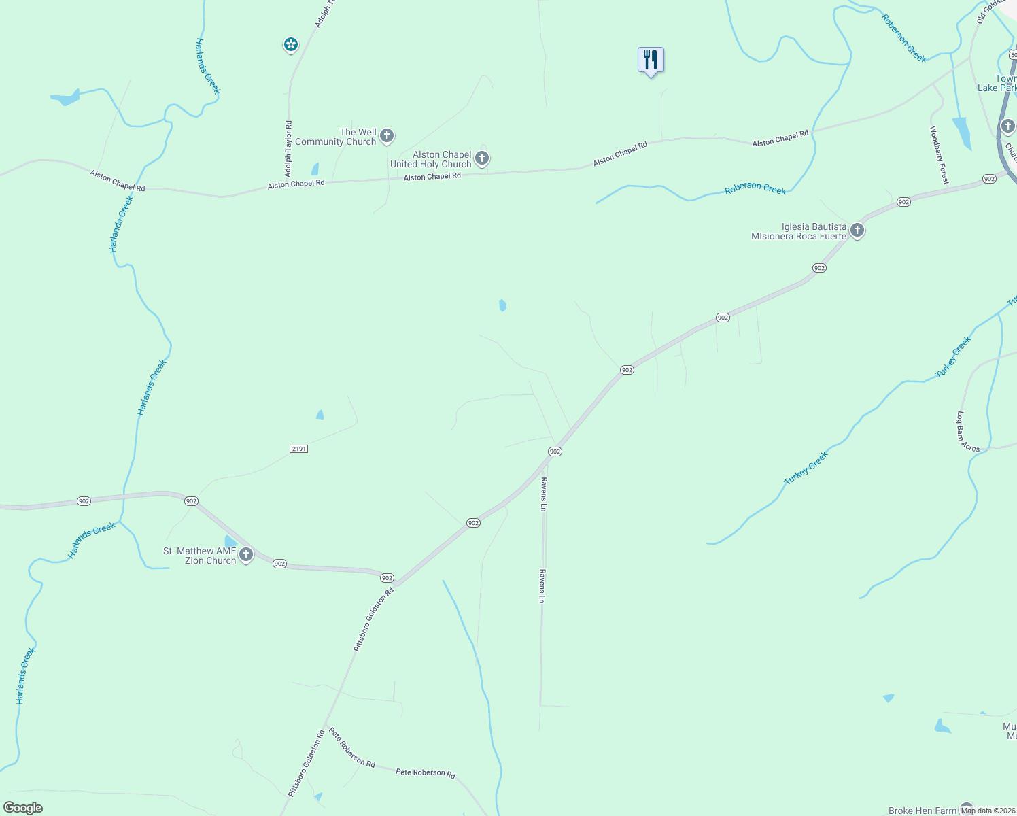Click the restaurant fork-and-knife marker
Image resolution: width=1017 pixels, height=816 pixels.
pyautogui.click(x=651, y=61)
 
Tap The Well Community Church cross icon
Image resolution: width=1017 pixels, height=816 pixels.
pyautogui.click(x=387, y=136)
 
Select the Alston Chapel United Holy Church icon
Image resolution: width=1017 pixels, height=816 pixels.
pyautogui.click(x=482, y=159)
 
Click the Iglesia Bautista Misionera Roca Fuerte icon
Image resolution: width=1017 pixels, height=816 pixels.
pyautogui.click(x=857, y=231)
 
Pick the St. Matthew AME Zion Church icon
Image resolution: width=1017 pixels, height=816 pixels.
pyautogui.click(x=246, y=555)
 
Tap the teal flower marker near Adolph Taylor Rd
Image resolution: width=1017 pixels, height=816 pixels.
pyautogui.click(x=290, y=45)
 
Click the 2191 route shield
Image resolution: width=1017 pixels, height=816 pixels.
pyautogui.click(x=298, y=449)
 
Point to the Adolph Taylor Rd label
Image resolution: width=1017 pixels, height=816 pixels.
pyautogui.click(x=288, y=148)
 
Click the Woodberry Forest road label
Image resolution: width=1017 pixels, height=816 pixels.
pyautogui.click(x=939, y=155)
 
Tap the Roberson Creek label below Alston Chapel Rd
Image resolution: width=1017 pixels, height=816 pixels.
pyautogui.click(x=755, y=188)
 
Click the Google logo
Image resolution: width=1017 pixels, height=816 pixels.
pyautogui.click(x=23, y=808)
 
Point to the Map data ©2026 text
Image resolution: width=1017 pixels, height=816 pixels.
pyautogui.click(x=988, y=811)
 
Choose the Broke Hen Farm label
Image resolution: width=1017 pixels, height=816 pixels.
pyautogui.click(x=922, y=811)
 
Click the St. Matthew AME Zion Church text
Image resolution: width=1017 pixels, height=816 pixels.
pyautogui.click(x=200, y=556)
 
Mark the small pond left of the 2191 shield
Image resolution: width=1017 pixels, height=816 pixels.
pyautogui.click(x=320, y=414)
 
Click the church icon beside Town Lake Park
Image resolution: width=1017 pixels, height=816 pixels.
pyautogui.click(x=1008, y=126)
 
